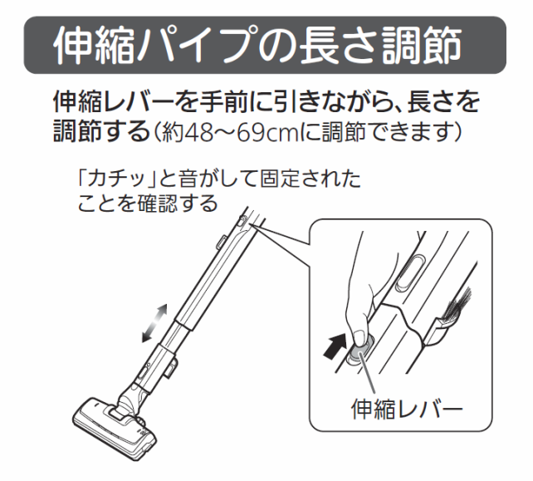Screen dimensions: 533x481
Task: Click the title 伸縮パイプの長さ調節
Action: (x=257, y=46)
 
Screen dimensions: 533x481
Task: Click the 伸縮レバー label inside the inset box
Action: (x=407, y=410)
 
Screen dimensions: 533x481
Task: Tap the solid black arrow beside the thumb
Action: (x=335, y=346)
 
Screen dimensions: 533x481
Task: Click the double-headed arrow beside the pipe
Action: (x=155, y=323)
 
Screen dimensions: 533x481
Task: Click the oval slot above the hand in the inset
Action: (x=409, y=272)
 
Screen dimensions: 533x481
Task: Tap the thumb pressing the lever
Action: (x=360, y=337)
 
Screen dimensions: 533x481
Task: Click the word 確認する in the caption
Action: (x=177, y=204)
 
